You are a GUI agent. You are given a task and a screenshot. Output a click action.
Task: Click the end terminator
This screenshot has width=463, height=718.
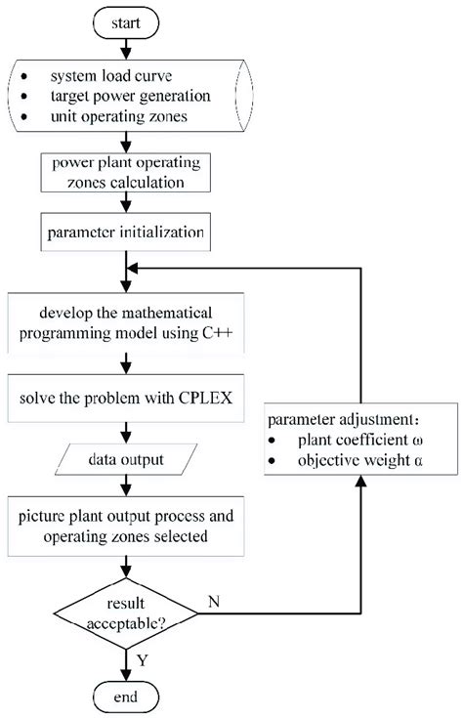125,697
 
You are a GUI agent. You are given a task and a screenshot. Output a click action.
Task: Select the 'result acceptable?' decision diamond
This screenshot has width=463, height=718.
125,614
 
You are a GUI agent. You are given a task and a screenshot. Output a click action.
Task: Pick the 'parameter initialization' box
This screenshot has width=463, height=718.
125,233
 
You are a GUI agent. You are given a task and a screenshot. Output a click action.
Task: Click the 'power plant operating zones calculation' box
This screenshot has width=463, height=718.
125,172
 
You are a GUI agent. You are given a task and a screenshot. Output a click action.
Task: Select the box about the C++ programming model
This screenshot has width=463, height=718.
125,326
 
